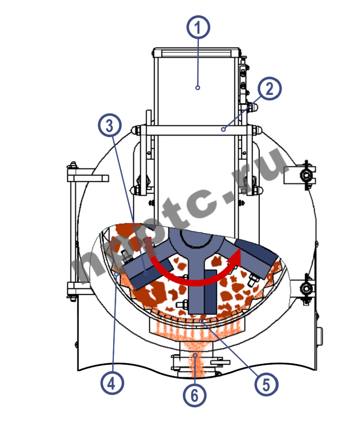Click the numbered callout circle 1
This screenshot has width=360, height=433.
click(x=198, y=27)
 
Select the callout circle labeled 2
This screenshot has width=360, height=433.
click(x=270, y=89)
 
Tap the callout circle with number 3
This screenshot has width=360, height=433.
click(x=110, y=126)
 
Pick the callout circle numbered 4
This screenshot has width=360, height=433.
click(x=112, y=383)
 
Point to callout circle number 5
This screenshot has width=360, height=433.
click(x=266, y=385)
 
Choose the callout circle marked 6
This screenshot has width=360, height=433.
click(x=194, y=395)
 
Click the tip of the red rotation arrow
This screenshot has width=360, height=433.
click(x=241, y=249)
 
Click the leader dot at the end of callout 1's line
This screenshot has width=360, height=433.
click(x=198, y=87)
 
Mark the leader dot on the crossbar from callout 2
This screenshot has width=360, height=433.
click(x=223, y=129)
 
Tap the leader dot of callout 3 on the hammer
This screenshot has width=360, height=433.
click(x=146, y=273)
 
